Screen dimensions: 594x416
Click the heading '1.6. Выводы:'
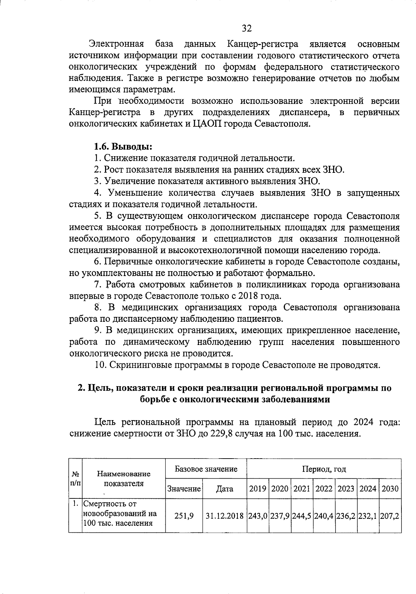123,147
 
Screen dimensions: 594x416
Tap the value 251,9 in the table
184,516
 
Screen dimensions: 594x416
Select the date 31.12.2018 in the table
225,516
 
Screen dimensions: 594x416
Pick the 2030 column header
390,489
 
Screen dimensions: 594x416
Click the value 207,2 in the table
390,516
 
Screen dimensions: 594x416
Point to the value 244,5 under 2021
302,516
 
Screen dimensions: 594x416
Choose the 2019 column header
258,489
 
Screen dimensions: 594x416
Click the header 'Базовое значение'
206,469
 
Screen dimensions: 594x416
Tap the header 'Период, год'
324,469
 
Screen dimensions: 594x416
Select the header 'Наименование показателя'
124,479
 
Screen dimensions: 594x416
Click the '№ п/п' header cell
76,479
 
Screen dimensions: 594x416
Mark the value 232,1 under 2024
368,516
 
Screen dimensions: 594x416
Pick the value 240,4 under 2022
324,516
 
